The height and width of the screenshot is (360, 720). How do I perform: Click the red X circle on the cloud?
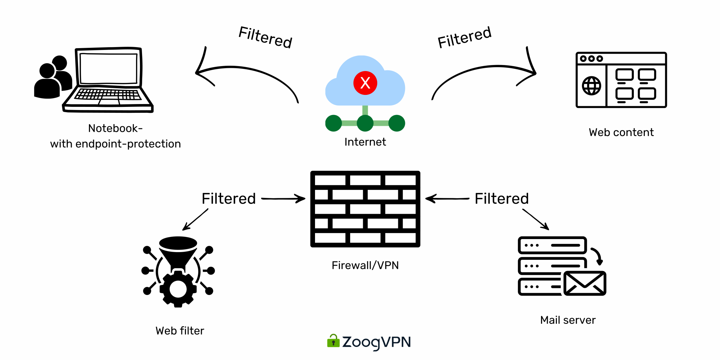[x=365, y=83]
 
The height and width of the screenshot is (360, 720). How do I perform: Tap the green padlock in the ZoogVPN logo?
[x=333, y=341]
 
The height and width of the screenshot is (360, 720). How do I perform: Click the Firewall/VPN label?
[x=365, y=265]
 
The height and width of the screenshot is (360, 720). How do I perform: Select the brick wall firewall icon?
[x=365, y=209]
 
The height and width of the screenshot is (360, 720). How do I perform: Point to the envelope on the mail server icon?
[x=584, y=283]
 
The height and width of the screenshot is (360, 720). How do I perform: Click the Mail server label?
[x=568, y=320]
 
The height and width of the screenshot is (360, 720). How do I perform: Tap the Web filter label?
[x=180, y=331]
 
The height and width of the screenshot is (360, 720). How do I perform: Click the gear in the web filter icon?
[x=178, y=289]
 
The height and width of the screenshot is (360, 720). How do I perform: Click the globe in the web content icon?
[x=592, y=86]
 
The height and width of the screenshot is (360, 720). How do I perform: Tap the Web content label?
[x=621, y=133]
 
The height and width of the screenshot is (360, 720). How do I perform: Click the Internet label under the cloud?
[x=365, y=142]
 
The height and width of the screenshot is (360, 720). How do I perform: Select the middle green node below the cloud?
[x=365, y=123]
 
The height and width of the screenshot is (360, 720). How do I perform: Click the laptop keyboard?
[x=108, y=95]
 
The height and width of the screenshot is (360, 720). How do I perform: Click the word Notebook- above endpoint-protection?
[x=115, y=128]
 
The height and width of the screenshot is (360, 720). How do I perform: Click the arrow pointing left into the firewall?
[x=447, y=199]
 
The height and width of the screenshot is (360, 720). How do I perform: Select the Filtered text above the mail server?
[x=501, y=199]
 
